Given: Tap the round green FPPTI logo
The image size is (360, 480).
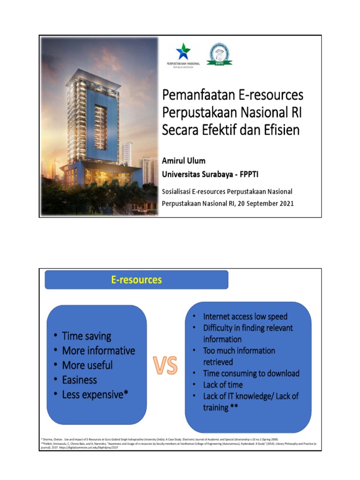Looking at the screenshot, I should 219,53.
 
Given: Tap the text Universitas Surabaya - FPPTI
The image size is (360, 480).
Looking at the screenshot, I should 210,174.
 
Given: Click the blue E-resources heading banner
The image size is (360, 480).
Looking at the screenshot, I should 136,280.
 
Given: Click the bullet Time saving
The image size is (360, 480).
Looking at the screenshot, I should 87,336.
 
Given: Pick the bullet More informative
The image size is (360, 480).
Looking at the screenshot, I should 98,351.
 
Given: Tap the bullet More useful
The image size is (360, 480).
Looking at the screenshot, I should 87,365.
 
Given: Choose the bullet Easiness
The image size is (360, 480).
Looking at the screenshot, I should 80,380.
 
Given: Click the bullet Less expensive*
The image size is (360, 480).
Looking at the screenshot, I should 95,395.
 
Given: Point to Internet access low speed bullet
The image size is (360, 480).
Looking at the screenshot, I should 245,316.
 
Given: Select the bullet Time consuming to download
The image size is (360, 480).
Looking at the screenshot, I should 251,373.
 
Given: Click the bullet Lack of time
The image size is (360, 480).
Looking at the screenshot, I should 223,384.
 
